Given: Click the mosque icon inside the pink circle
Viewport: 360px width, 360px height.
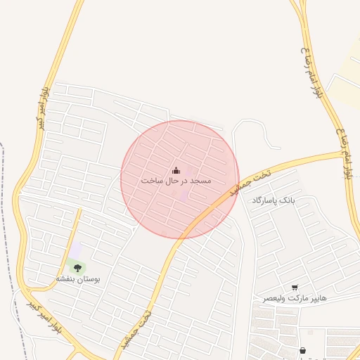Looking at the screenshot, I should click(x=176, y=170).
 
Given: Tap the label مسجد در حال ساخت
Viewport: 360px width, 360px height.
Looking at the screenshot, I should click(x=176, y=181).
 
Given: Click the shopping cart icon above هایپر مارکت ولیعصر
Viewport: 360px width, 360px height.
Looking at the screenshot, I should click(x=294, y=288).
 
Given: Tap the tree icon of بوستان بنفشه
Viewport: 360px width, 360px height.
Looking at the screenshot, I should click(x=77, y=268).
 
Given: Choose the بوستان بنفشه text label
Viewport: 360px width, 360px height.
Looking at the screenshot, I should click(x=78, y=279).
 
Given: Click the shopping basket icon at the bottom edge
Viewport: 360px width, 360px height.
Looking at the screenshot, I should click(x=302, y=350).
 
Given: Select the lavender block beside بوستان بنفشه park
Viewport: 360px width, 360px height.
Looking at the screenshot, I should click(x=75, y=250).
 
